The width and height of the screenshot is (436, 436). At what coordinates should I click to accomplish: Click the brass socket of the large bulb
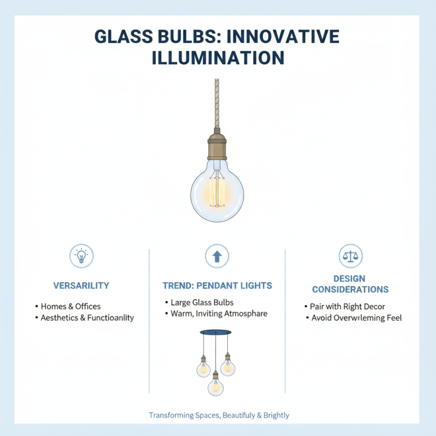[217, 145]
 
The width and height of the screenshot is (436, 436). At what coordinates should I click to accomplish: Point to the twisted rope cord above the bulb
[217, 104]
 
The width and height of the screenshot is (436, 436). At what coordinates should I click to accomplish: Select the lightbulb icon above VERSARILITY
[81, 255]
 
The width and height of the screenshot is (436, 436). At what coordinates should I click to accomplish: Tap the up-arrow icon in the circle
[217, 255]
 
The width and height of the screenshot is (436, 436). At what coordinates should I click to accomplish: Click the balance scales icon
[350, 255]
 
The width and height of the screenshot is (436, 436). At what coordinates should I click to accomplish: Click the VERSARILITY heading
[81, 286]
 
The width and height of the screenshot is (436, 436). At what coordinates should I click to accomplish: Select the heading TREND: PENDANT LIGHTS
[217, 286]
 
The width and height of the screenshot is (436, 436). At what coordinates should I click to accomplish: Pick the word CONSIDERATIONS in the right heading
[350, 289]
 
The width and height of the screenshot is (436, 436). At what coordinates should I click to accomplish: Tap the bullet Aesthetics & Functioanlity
[87, 318]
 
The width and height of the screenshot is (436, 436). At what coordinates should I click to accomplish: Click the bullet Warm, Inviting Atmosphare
[219, 314]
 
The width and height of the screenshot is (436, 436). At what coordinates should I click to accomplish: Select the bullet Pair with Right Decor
[347, 306]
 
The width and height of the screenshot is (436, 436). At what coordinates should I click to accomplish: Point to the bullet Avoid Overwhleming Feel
[356, 318]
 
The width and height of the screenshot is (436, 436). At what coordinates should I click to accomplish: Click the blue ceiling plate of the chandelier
[215, 332]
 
